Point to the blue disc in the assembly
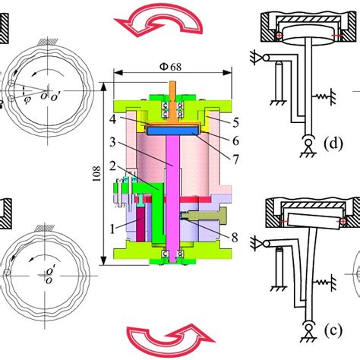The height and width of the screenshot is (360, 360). coord(172,131)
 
